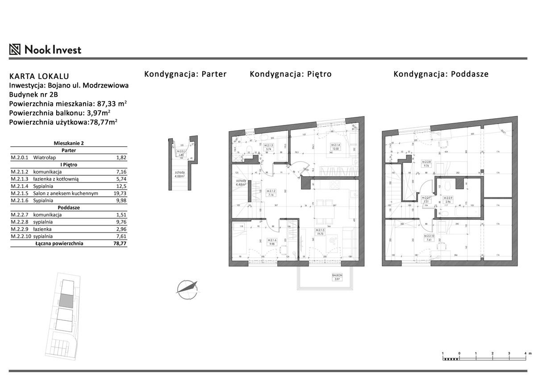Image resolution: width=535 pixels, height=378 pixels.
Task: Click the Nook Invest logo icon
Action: coord(15,50)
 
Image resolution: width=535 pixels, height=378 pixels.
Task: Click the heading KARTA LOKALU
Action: coord(39,76)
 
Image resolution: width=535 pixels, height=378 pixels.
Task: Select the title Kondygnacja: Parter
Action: coord(185,74)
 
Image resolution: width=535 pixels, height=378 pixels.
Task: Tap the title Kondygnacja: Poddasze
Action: coord(440,74)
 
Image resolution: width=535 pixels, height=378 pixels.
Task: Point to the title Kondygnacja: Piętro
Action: coord(290,74)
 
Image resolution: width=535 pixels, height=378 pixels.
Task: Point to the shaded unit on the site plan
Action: coord(66,300)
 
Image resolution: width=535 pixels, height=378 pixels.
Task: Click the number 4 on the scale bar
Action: coord(525,353)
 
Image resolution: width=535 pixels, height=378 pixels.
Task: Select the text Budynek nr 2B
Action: coord(33,94)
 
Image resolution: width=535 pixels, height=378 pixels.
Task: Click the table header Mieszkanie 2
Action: coord(69,143)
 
